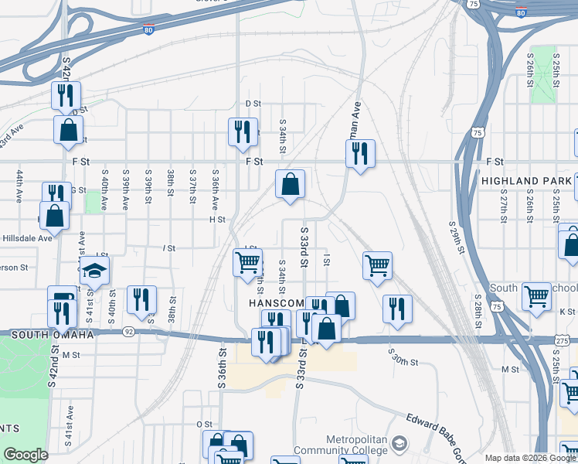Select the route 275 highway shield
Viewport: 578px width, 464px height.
(563, 339)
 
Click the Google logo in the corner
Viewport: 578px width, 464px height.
(25, 455)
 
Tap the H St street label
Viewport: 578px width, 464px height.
(216, 220)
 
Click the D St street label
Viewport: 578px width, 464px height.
(253, 103)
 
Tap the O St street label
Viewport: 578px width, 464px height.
(204, 425)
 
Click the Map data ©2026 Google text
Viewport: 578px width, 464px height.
(530, 458)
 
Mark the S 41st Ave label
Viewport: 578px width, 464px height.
(70, 423)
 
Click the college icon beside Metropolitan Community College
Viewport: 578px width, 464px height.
(399, 444)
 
